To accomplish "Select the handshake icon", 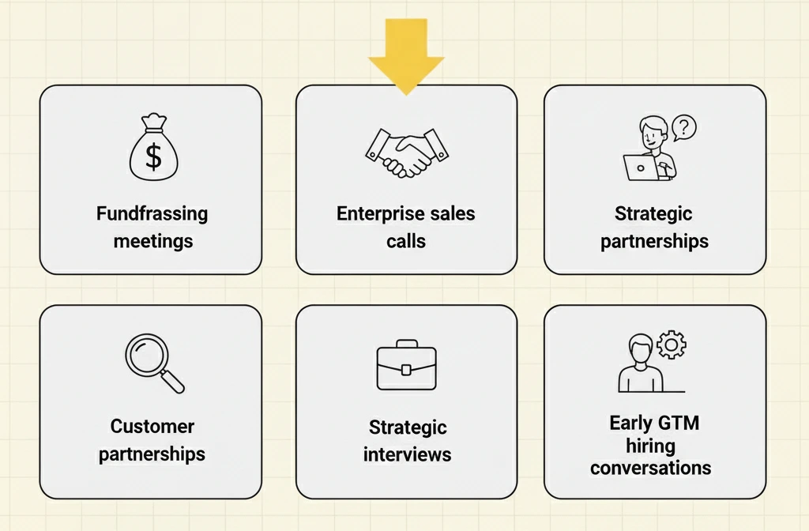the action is pos(407,153).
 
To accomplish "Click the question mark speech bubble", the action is pos(684,127).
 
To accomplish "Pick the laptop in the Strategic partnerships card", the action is pos(641,168).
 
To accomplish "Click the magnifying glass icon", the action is pos(154,363).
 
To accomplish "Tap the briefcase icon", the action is pos(407,365).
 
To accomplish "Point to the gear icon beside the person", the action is pos(672,345).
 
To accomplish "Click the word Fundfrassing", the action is pos(152,213).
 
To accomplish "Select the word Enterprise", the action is pos(374,213).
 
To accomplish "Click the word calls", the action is pos(406,241).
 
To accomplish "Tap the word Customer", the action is pos(152,426).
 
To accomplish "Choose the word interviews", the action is pos(407,454).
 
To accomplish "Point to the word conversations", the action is pos(651,468).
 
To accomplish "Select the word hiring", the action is pos(651,446).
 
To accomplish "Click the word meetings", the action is pos(153,241).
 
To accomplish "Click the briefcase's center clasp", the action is pos(406,370).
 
